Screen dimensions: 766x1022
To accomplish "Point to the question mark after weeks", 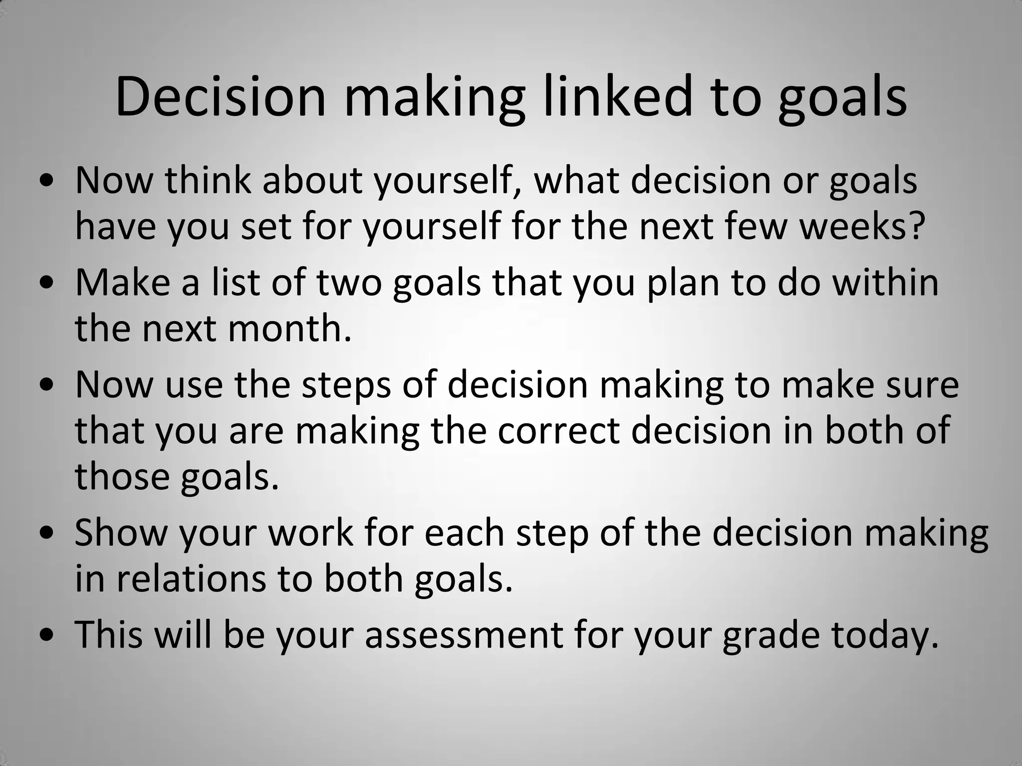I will [914, 226].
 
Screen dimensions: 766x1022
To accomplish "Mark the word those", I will [122, 476].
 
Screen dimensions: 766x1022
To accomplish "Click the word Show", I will [121, 533].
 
